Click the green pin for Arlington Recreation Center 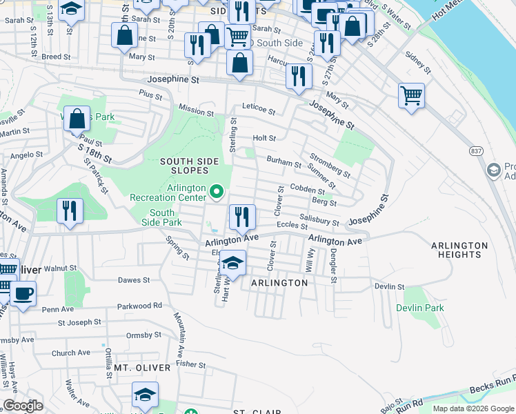click(x=217, y=191)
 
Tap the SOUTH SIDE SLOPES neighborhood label click(x=190, y=166)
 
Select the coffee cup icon click(x=23, y=293)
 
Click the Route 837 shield click(x=476, y=150)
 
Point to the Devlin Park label click(x=420, y=308)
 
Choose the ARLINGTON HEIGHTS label click(x=456, y=250)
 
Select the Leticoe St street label click(x=258, y=110)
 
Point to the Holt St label click(x=264, y=138)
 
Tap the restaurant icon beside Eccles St click(x=242, y=217)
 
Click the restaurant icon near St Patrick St click(x=70, y=210)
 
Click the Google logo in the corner click(x=23, y=405)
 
